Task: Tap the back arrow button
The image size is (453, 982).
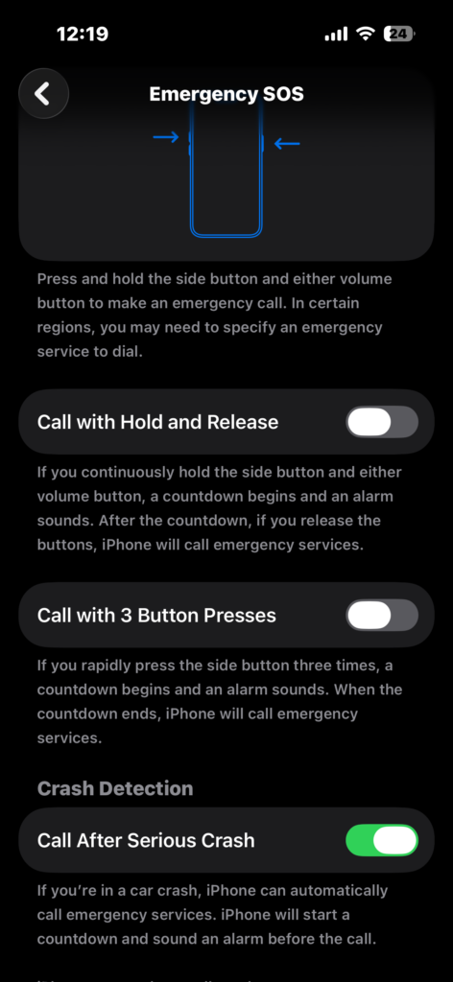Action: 43,94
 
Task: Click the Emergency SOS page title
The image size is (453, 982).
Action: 226,94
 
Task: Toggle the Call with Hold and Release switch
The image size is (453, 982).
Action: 382,422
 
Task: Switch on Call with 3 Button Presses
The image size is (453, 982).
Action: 382,615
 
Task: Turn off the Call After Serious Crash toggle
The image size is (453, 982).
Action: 382,840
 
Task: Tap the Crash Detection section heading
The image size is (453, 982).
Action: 115,788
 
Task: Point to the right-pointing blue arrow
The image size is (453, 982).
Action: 166,138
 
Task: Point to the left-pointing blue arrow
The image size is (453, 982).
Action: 287,145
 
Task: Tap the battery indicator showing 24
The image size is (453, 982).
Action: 398,34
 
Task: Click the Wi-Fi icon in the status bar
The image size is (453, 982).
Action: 365,34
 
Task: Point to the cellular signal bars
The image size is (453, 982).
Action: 336,34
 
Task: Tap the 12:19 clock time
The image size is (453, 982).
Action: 83,34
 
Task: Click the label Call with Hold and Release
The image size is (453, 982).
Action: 157,422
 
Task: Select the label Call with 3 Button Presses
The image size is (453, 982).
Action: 156,615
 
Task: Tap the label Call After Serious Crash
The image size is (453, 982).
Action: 146,840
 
